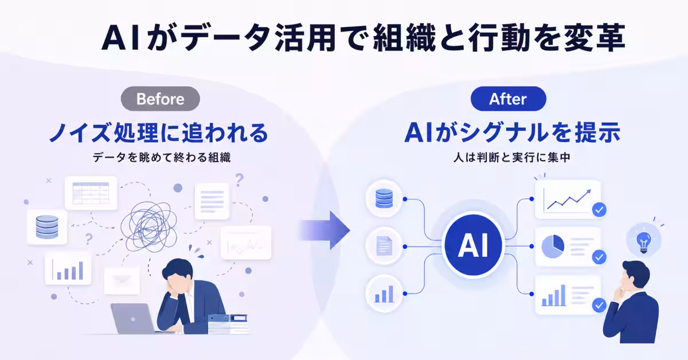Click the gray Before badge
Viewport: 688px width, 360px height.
point(161,99)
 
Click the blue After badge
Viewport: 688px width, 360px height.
point(509,99)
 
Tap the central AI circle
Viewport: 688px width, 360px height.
point(474,245)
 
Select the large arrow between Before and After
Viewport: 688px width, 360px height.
point(325,230)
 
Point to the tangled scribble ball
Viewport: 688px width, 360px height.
point(149,226)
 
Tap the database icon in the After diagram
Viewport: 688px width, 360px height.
point(384,198)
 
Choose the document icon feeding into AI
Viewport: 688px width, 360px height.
point(384,246)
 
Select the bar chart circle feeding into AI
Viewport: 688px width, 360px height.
point(384,294)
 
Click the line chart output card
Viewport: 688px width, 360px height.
point(568,199)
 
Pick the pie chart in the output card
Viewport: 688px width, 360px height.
point(553,246)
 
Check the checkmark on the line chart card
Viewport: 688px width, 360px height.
point(599,210)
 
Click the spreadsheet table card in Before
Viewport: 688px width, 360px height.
point(91,193)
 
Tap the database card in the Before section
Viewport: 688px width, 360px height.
point(47,227)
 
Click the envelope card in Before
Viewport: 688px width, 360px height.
point(122,280)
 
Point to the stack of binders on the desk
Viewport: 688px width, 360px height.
point(228,324)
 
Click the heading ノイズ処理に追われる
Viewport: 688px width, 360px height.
point(159,133)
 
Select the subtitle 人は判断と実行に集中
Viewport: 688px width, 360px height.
point(511,158)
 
